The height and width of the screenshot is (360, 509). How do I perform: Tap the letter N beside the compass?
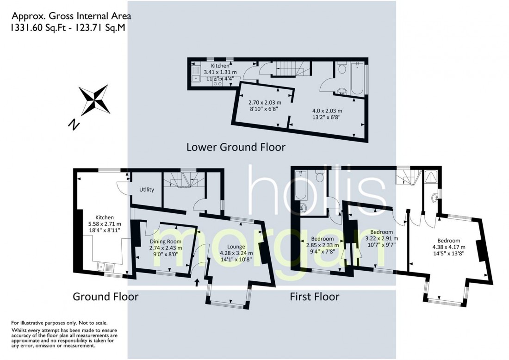[x=73, y=124]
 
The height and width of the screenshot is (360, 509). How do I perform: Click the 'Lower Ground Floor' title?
[x=236, y=147]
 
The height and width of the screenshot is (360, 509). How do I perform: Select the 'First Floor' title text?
[x=314, y=296]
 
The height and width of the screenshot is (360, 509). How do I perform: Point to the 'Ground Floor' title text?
[x=106, y=296]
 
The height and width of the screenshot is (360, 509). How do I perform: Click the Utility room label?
[x=147, y=190]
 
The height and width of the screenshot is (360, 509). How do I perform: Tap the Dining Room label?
[x=165, y=242]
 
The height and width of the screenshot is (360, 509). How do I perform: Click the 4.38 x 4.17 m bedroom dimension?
[x=448, y=247]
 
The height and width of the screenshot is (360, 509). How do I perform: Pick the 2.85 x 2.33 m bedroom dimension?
[x=323, y=246]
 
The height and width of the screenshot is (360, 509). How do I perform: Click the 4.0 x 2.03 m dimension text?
[x=327, y=111]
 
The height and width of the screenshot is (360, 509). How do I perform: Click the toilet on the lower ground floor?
[x=342, y=69]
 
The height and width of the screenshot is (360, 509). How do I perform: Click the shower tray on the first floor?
[x=431, y=177]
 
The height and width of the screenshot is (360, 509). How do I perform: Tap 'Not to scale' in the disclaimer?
[x=93, y=323]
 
